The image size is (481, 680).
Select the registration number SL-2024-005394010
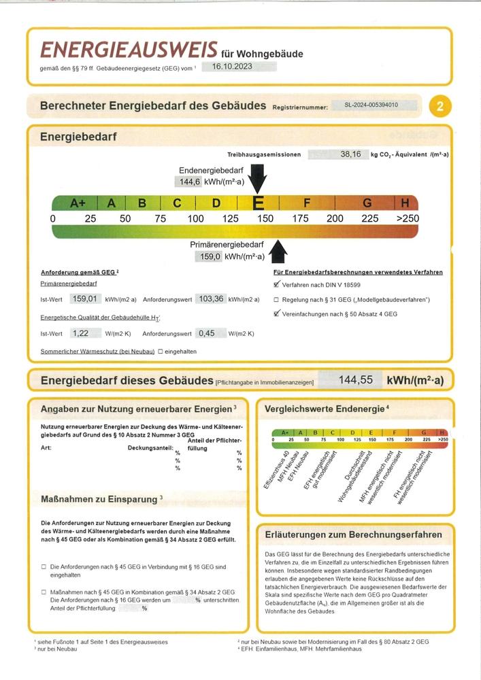coord(371,105)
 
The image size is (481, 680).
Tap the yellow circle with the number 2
coord(440,106)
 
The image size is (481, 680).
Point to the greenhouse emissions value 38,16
coord(350,154)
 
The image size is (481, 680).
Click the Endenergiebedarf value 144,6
coord(188,182)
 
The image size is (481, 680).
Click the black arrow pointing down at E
coord(258,179)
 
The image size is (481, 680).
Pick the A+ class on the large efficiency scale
coord(78,203)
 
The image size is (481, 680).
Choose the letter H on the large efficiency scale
coord(405,203)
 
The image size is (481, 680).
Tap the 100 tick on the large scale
coord(196,219)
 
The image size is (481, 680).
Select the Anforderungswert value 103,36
coord(210,299)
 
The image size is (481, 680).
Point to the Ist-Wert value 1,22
coord(81,333)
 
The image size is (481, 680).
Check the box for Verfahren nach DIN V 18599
coord(276,285)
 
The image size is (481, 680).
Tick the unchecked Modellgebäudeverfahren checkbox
coord(276,299)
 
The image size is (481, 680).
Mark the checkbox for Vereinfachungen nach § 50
coord(276,313)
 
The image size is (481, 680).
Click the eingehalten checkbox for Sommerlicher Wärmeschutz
coord(161,352)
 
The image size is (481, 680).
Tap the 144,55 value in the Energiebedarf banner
coord(356,380)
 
